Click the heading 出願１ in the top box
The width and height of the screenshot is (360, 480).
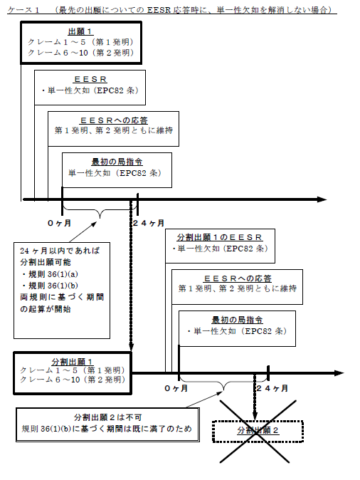[x=80, y=31]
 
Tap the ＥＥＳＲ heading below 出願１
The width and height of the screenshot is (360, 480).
[x=90, y=79]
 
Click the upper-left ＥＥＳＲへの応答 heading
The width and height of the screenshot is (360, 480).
[x=114, y=120]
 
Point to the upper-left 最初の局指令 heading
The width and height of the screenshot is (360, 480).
[x=117, y=162]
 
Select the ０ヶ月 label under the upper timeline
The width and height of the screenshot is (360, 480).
[x=59, y=223]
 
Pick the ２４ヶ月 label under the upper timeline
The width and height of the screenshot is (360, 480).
[x=149, y=223]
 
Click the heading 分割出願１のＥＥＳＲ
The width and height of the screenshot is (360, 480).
[x=220, y=237]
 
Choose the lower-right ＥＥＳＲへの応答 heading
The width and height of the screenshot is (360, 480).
[x=238, y=278]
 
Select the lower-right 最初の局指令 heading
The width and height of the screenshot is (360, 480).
[x=238, y=320]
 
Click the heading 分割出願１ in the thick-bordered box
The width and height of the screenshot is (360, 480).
[x=73, y=362]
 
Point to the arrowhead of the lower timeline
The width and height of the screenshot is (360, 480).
[x=339, y=373]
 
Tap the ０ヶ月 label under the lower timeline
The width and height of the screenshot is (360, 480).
[x=176, y=388]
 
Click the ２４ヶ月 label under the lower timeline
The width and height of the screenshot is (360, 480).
[x=272, y=388]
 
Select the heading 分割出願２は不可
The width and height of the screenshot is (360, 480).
[x=107, y=417]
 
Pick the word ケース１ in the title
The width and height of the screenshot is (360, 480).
[x=23, y=10]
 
